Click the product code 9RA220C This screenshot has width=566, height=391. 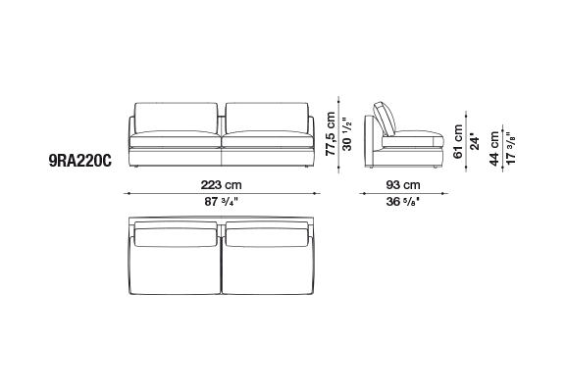80,161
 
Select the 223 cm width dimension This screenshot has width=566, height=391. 221,185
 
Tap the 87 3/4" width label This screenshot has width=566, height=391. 222,201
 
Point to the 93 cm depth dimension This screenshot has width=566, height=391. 403,185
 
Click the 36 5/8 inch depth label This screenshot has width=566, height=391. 403,201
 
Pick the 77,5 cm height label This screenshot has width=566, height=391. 331,134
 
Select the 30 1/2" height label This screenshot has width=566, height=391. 346,134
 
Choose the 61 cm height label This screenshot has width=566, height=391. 458,141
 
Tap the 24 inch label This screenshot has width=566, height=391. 475,143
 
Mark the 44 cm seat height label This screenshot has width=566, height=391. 494,149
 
